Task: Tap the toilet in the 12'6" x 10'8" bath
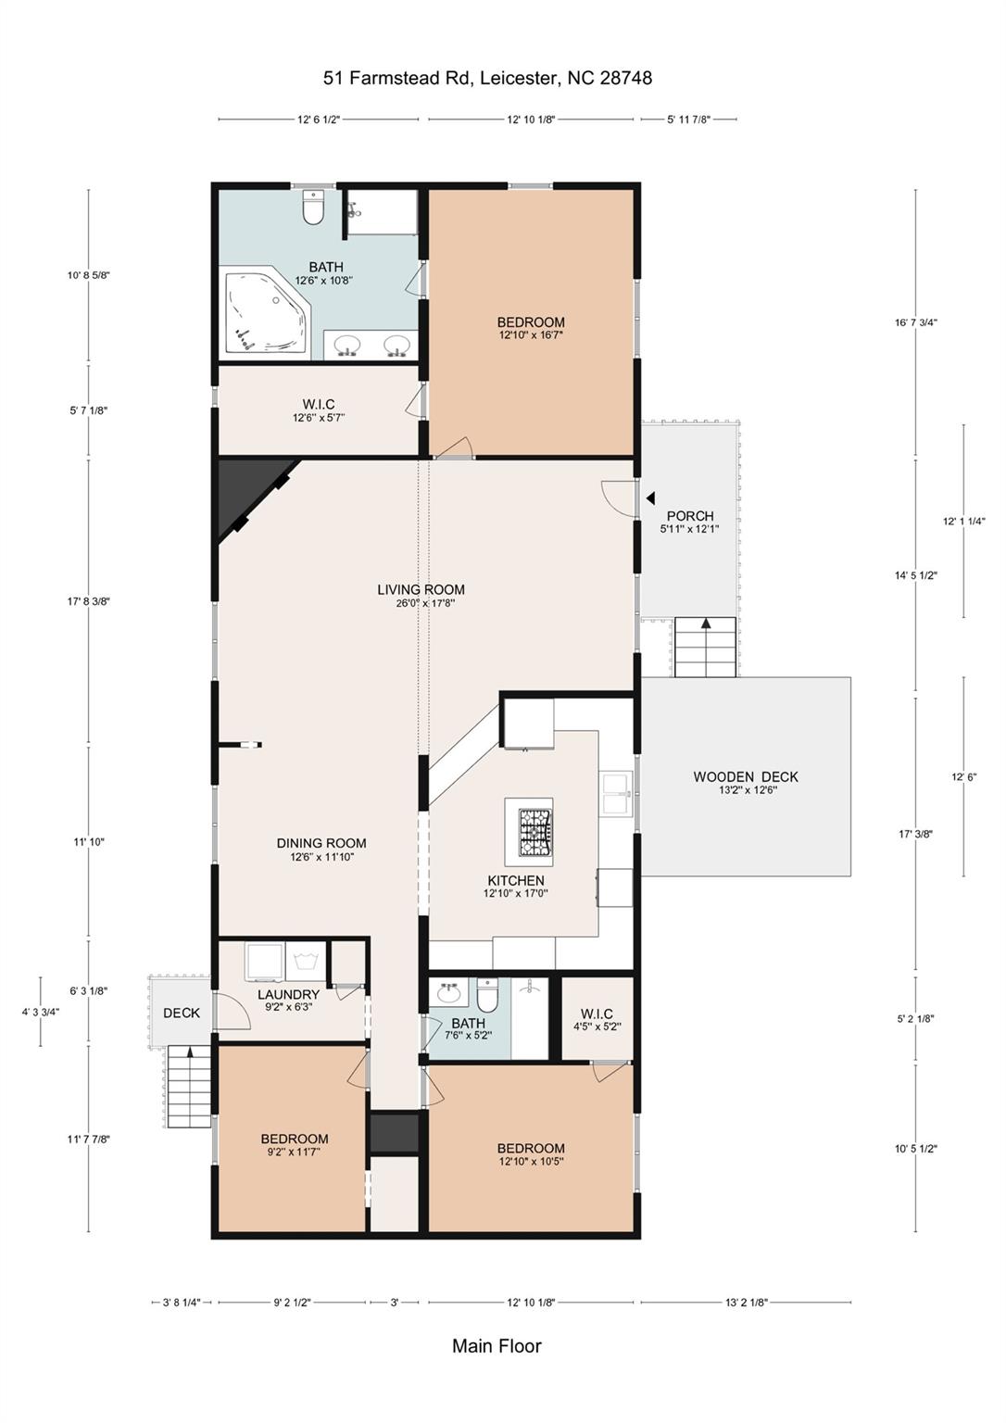(x=313, y=208)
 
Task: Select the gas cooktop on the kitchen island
(x=534, y=832)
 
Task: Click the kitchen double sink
(x=616, y=793)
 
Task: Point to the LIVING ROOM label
(x=421, y=589)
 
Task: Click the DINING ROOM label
(x=321, y=843)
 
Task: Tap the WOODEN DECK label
(x=746, y=776)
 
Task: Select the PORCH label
(x=690, y=516)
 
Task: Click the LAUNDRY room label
(x=288, y=994)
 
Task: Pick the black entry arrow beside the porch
(x=650, y=498)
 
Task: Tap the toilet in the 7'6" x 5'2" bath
(x=488, y=995)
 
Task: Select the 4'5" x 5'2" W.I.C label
(x=597, y=1014)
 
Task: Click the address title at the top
(x=488, y=78)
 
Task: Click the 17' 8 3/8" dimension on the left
(x=89, y=601)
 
